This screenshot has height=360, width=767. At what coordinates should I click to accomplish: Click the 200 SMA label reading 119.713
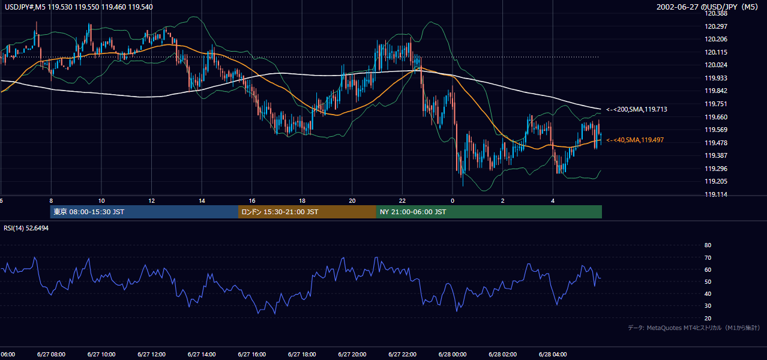pos(637,110)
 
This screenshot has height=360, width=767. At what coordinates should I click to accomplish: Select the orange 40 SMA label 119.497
pos(635,140)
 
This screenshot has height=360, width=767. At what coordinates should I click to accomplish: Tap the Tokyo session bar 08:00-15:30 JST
pos(144,212)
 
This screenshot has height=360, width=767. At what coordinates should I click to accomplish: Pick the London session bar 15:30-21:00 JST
pos(307,212)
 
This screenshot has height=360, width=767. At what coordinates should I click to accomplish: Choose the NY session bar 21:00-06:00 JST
pos(489,212)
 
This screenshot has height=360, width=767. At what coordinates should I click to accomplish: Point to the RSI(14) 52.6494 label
pos(26,228)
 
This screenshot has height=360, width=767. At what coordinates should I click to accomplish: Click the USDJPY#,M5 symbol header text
pos(79,7)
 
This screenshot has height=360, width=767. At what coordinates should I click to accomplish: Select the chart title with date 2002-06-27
pos(707,7)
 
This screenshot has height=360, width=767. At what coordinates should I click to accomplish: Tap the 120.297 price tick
pos(716,26)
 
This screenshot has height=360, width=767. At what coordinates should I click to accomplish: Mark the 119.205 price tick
pos(716,181)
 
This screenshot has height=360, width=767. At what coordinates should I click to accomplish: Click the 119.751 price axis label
pos(716,104)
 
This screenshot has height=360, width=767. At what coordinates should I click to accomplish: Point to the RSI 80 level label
pos(708,245)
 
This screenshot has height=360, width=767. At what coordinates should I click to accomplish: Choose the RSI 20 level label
pos(708,318)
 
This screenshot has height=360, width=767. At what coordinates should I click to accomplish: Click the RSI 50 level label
pos(708,281)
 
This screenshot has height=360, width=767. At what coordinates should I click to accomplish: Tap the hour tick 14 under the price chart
pos(202,201)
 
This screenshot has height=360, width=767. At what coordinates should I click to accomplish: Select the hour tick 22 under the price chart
pos(402,201)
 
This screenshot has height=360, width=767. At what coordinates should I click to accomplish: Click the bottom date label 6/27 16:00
pos(252,355)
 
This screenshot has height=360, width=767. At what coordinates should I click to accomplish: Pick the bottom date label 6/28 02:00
pos(503,355)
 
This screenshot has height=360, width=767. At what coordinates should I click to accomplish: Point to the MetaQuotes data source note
pos(694,328)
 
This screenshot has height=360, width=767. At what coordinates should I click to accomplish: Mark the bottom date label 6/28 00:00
pos(453,355)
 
